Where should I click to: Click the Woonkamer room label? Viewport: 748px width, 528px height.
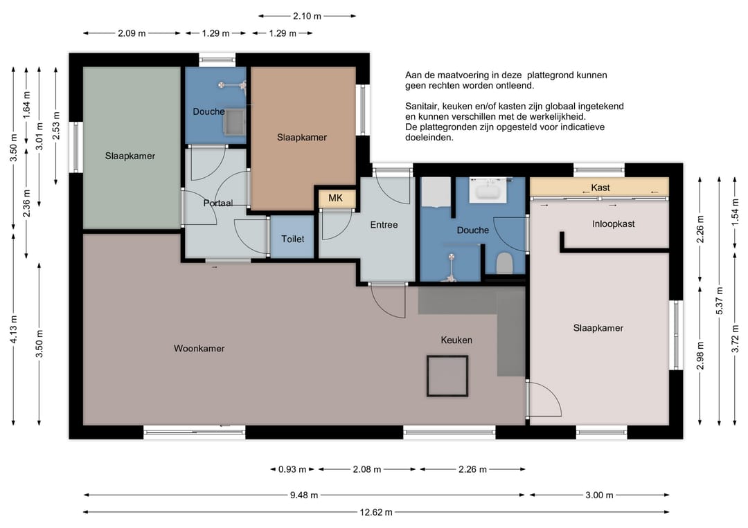199,348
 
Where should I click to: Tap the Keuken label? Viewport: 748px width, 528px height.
456,340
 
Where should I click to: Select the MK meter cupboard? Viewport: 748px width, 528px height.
336,198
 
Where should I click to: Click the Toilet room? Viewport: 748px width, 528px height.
292,237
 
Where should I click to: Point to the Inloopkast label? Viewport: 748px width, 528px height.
614,224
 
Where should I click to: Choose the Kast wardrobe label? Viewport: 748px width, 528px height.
600,188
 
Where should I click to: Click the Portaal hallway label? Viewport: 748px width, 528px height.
218,203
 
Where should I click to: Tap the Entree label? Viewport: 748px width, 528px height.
384,224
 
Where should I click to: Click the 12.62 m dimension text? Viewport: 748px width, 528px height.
376,512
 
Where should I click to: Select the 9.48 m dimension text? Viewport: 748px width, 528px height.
304,495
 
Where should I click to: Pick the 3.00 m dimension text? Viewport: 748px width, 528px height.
599,495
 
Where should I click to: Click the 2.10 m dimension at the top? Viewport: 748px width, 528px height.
308,16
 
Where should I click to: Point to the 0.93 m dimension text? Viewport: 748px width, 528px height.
292,469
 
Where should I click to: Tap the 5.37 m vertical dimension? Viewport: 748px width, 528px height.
720,301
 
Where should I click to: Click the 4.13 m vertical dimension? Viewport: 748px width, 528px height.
13,329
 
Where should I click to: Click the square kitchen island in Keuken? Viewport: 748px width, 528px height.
447,376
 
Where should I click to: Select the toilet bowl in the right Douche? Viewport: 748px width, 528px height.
504,263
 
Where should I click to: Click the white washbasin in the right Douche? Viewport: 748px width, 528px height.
488,190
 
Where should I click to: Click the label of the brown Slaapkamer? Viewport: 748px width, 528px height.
302,137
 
